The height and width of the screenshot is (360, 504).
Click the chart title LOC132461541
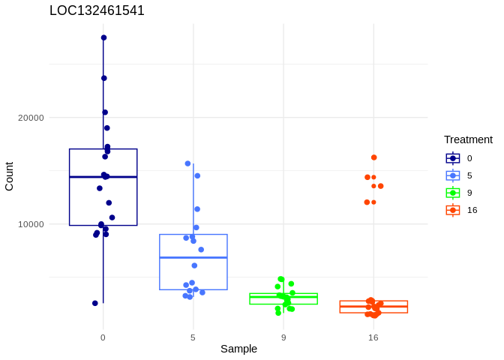pyautogui.click(x=97, y=10)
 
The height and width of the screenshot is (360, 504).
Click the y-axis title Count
pyautogui.click(x=9, y=176)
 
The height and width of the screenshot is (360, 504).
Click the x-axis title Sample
pyautogui.click(x=238, y=349)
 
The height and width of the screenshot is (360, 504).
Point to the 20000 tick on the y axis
pyautogui.click(x=31, y=118)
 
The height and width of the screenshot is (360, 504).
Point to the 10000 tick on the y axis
pyautogui.click(x=31, y=224)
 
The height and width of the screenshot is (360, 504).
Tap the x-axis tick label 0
pyautogui.click(x=103, y=337)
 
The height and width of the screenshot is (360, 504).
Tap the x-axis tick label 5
pyautogui.click(x=193, y=337)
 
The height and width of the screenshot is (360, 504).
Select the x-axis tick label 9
pyautogui.click(x=283, y=337)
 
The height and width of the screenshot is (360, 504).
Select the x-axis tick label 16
pyautogui.click(x=373, y=337)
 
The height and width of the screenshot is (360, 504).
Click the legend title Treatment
pyautogui.click(x=468, y=139)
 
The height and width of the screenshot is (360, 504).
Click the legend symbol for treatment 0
pyautogui.click(x=453, y=158)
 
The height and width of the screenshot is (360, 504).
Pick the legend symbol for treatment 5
pyautogui.click(x=453, y=175)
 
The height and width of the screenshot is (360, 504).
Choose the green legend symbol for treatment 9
pyautogui.click(x=453, y=193)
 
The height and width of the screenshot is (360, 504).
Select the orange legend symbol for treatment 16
pyautogui.click(x=453, y=210)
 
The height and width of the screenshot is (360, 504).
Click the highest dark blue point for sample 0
pyautogui.click(x=103, y=37)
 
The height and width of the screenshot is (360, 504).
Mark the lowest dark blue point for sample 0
pyautogui.click(x=95, y=303)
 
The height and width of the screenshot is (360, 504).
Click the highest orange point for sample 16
pyautogui.click(x=374, y=157)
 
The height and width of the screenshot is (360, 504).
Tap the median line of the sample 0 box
pyautogui.click(x=103, y=177)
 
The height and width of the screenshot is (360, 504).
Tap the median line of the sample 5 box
pyautogui.click(x=193, y=257)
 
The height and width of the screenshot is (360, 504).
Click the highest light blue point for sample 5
pyautogui.click(x=188, y=163)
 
